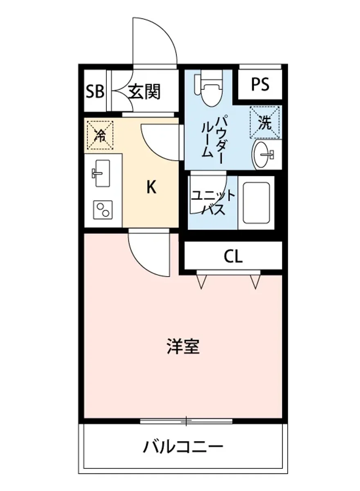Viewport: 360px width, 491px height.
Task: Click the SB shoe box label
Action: [95, 92]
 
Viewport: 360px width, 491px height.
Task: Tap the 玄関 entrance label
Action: [144, 92]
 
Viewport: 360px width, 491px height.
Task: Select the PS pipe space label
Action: [260, 84]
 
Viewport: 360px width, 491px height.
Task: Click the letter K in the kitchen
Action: [151, 187]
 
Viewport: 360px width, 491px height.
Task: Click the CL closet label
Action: [233, 257]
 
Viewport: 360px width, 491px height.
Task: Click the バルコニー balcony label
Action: [183, 446]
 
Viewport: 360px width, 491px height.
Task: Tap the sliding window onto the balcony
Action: [186, 421]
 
